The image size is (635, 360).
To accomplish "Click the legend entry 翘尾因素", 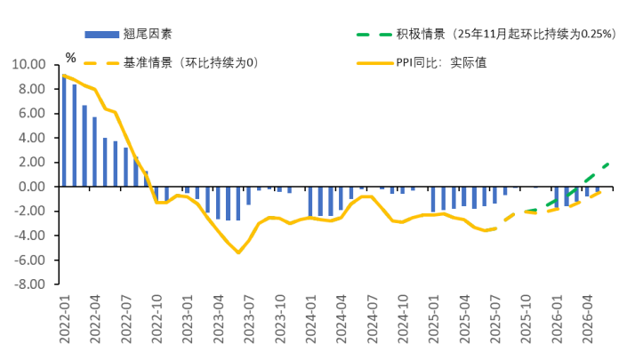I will [148, 35].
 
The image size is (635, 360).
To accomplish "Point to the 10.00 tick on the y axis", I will [27, 65].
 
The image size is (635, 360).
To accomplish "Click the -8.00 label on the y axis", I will [27, 284].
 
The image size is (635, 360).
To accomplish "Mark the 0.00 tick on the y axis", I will [29, 187].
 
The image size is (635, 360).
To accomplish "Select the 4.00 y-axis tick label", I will [29, 138].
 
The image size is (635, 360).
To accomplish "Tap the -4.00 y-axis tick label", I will [27, 236].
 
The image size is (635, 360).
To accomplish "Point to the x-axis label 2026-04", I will [586, 324].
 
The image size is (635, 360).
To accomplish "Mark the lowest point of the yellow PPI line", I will [238, 252].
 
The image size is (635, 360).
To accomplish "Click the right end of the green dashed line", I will [609, 163].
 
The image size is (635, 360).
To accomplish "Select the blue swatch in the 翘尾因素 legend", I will [100, 35].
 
